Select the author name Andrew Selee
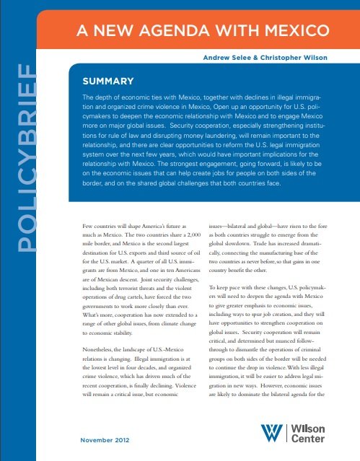point(225,57)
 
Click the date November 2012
point(106,438)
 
